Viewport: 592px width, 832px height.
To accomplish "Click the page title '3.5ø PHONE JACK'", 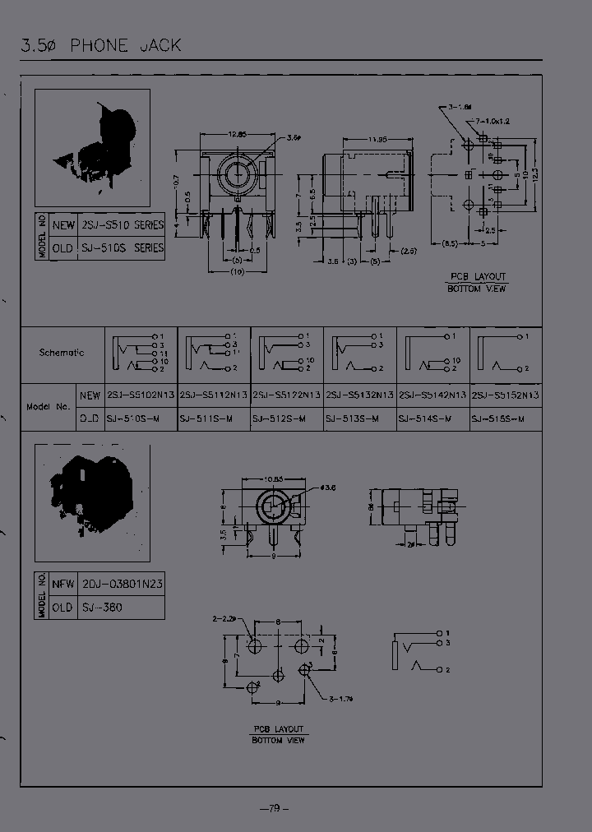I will pos(100,45).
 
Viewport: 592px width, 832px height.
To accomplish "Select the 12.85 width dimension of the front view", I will pos(237,133).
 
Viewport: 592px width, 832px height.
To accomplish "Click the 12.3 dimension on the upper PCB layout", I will pos(537,175).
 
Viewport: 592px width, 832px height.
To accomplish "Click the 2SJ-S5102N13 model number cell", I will pos(141,395).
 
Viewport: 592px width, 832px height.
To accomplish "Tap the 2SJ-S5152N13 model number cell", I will pos(505,395).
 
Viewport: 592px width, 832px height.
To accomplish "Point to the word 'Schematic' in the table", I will pos(62,353).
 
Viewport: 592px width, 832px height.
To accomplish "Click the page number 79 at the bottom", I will pos(275,809).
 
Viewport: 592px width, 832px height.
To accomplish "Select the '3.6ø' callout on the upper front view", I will pos(294,137).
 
